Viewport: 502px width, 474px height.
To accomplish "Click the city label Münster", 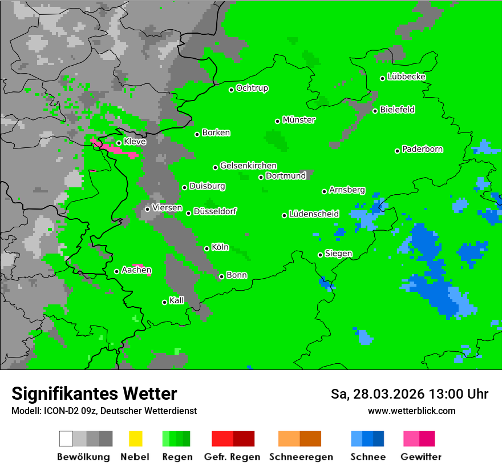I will point(299,120).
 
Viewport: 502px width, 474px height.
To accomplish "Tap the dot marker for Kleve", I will point(119,143).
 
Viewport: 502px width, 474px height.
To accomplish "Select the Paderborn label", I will point(423,149).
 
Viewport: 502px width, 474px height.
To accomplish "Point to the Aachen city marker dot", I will point(116,271).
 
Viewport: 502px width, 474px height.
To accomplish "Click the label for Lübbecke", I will point(406,77).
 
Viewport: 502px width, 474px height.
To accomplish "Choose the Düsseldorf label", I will point(215,211).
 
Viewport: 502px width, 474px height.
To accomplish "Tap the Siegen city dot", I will point(320,255).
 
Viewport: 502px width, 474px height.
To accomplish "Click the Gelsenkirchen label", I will point(248,166).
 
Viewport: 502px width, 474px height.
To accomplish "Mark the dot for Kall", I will point(164,302).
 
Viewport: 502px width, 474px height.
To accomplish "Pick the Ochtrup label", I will point(252,88).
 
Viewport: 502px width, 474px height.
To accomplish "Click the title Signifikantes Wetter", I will point(94,393).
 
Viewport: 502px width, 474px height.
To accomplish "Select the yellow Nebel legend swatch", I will point(135,439).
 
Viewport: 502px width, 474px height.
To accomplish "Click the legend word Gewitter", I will point(421,457).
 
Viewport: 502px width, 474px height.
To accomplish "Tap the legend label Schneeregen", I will point(299,457).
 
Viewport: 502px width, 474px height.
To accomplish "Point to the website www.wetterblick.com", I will point(411,411).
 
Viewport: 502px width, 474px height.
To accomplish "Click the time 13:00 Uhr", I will point(451,394).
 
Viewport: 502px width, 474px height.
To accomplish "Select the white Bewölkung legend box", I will point(66,439).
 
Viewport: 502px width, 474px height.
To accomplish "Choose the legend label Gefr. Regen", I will point(232,457).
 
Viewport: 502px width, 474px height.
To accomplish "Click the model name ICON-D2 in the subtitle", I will point(59,411).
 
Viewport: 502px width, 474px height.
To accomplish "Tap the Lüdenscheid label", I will point(314,214).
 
